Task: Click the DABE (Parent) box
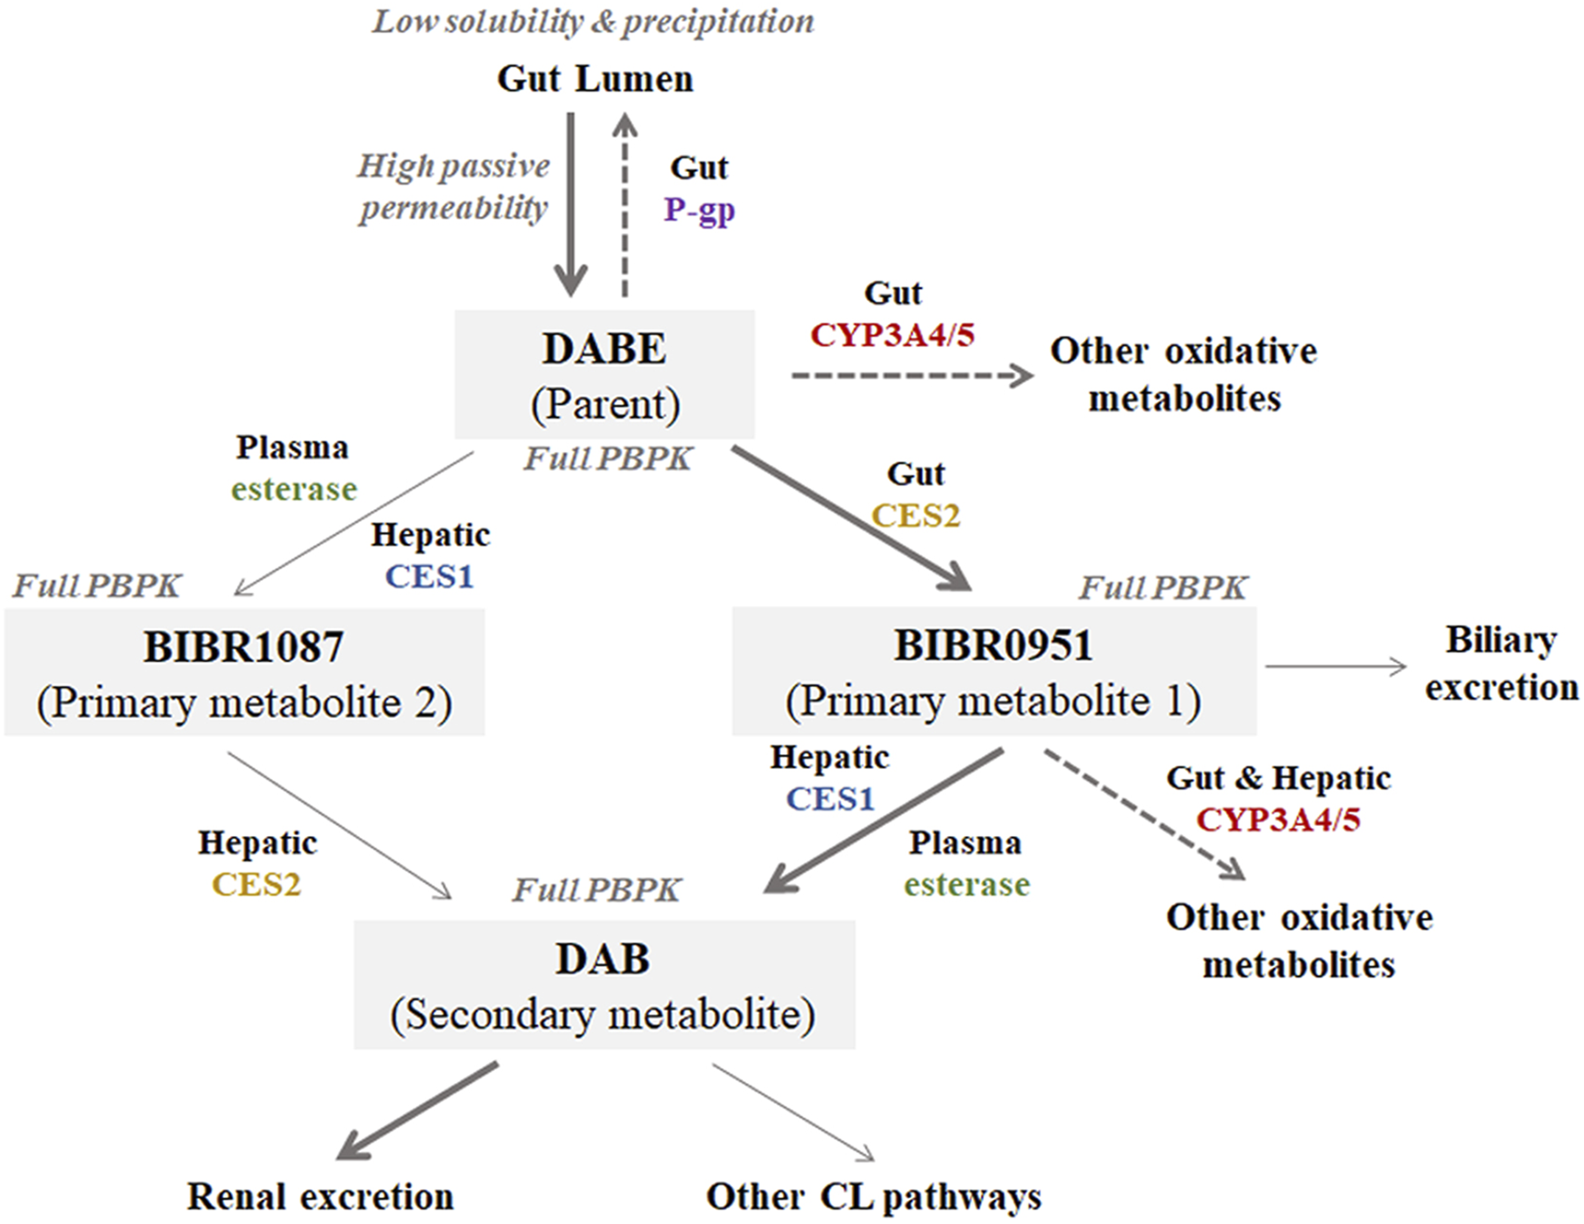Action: (604, 375)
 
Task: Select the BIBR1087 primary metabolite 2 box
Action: (244, 673)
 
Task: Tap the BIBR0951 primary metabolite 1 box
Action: (994, 671)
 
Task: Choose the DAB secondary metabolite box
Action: (603, 985)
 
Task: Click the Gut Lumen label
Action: (595, 79)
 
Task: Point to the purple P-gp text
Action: (699, 210)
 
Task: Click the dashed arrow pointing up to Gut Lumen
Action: (627, 205)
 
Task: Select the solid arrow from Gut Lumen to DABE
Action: (571, 205)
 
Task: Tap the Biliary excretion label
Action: (1501, 664)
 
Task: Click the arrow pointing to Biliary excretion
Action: (1335, 667)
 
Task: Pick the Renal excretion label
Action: (321, 1196)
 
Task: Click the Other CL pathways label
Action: (874, 1196)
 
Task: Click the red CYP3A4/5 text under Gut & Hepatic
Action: (1278, 819)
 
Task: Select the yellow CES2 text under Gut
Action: (916, 516)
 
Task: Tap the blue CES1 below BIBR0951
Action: (830, 799)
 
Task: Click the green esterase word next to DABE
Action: (294, 488)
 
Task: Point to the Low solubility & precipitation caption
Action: (593, 21)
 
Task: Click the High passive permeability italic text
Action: (454, 186)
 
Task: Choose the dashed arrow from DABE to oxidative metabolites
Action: (912, 376)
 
